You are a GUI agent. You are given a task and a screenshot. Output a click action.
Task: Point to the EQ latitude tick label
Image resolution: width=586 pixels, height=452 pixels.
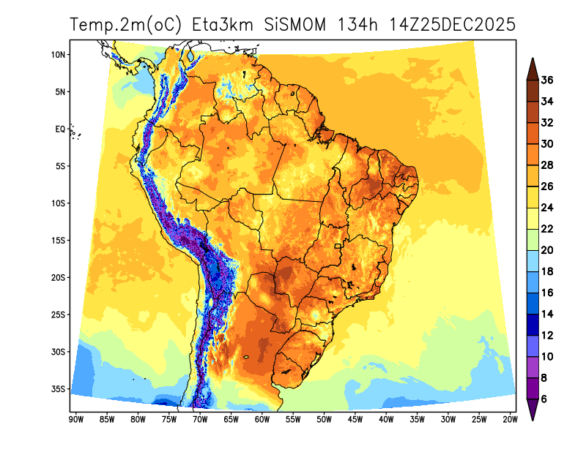click(x=61, y=129)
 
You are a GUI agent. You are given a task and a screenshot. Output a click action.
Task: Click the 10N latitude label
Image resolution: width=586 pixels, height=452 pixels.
click(x=59, y=55)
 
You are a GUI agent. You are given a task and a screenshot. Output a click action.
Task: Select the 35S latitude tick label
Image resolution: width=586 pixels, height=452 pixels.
click(x=59, y=388)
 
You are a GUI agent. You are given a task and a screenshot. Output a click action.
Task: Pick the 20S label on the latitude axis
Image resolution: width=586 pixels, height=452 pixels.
click(x=59, y=277)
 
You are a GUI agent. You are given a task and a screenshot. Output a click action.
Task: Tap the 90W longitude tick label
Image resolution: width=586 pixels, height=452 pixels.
click(x=75, y=419)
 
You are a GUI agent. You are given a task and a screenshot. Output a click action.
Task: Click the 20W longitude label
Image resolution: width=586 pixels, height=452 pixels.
click(x=511, y=419)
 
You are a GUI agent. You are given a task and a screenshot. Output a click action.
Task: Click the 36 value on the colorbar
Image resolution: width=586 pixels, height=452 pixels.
click(x=547, y=80)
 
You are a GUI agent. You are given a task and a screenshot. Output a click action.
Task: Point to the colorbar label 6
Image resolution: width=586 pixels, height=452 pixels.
click(x=544, y=399)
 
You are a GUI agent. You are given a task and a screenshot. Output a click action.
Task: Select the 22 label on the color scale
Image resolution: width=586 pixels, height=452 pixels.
click(x=547, y=229)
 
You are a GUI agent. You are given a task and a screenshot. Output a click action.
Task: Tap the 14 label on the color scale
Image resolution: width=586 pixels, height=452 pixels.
click(x=547, y=314)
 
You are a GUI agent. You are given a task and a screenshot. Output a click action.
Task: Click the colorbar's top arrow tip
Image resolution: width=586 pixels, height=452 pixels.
click(x=533, y=59)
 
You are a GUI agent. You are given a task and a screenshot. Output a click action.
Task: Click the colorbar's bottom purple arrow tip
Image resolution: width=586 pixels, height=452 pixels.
click(x=533, y=419)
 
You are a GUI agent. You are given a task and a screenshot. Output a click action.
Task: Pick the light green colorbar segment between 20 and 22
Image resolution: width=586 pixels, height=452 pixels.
click(x=533, y=239)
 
